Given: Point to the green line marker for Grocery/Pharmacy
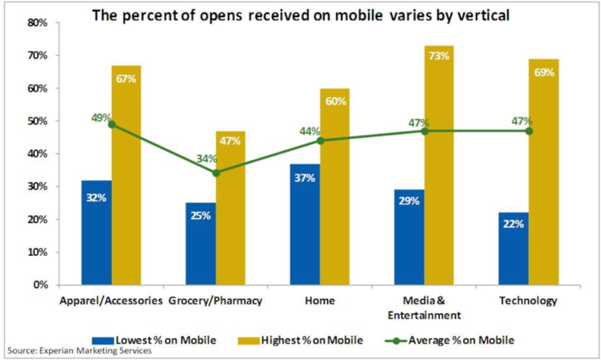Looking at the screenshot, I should (x=215, y=172).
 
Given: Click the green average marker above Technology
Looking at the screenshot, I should (x=529, y=130).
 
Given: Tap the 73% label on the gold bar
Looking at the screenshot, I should (x=439, y=56).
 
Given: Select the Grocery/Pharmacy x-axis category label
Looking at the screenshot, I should (x=215, y=301).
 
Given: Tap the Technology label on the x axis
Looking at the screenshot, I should (x=528, y=301).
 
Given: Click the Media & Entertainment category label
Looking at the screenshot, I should (x=424, y=308).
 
